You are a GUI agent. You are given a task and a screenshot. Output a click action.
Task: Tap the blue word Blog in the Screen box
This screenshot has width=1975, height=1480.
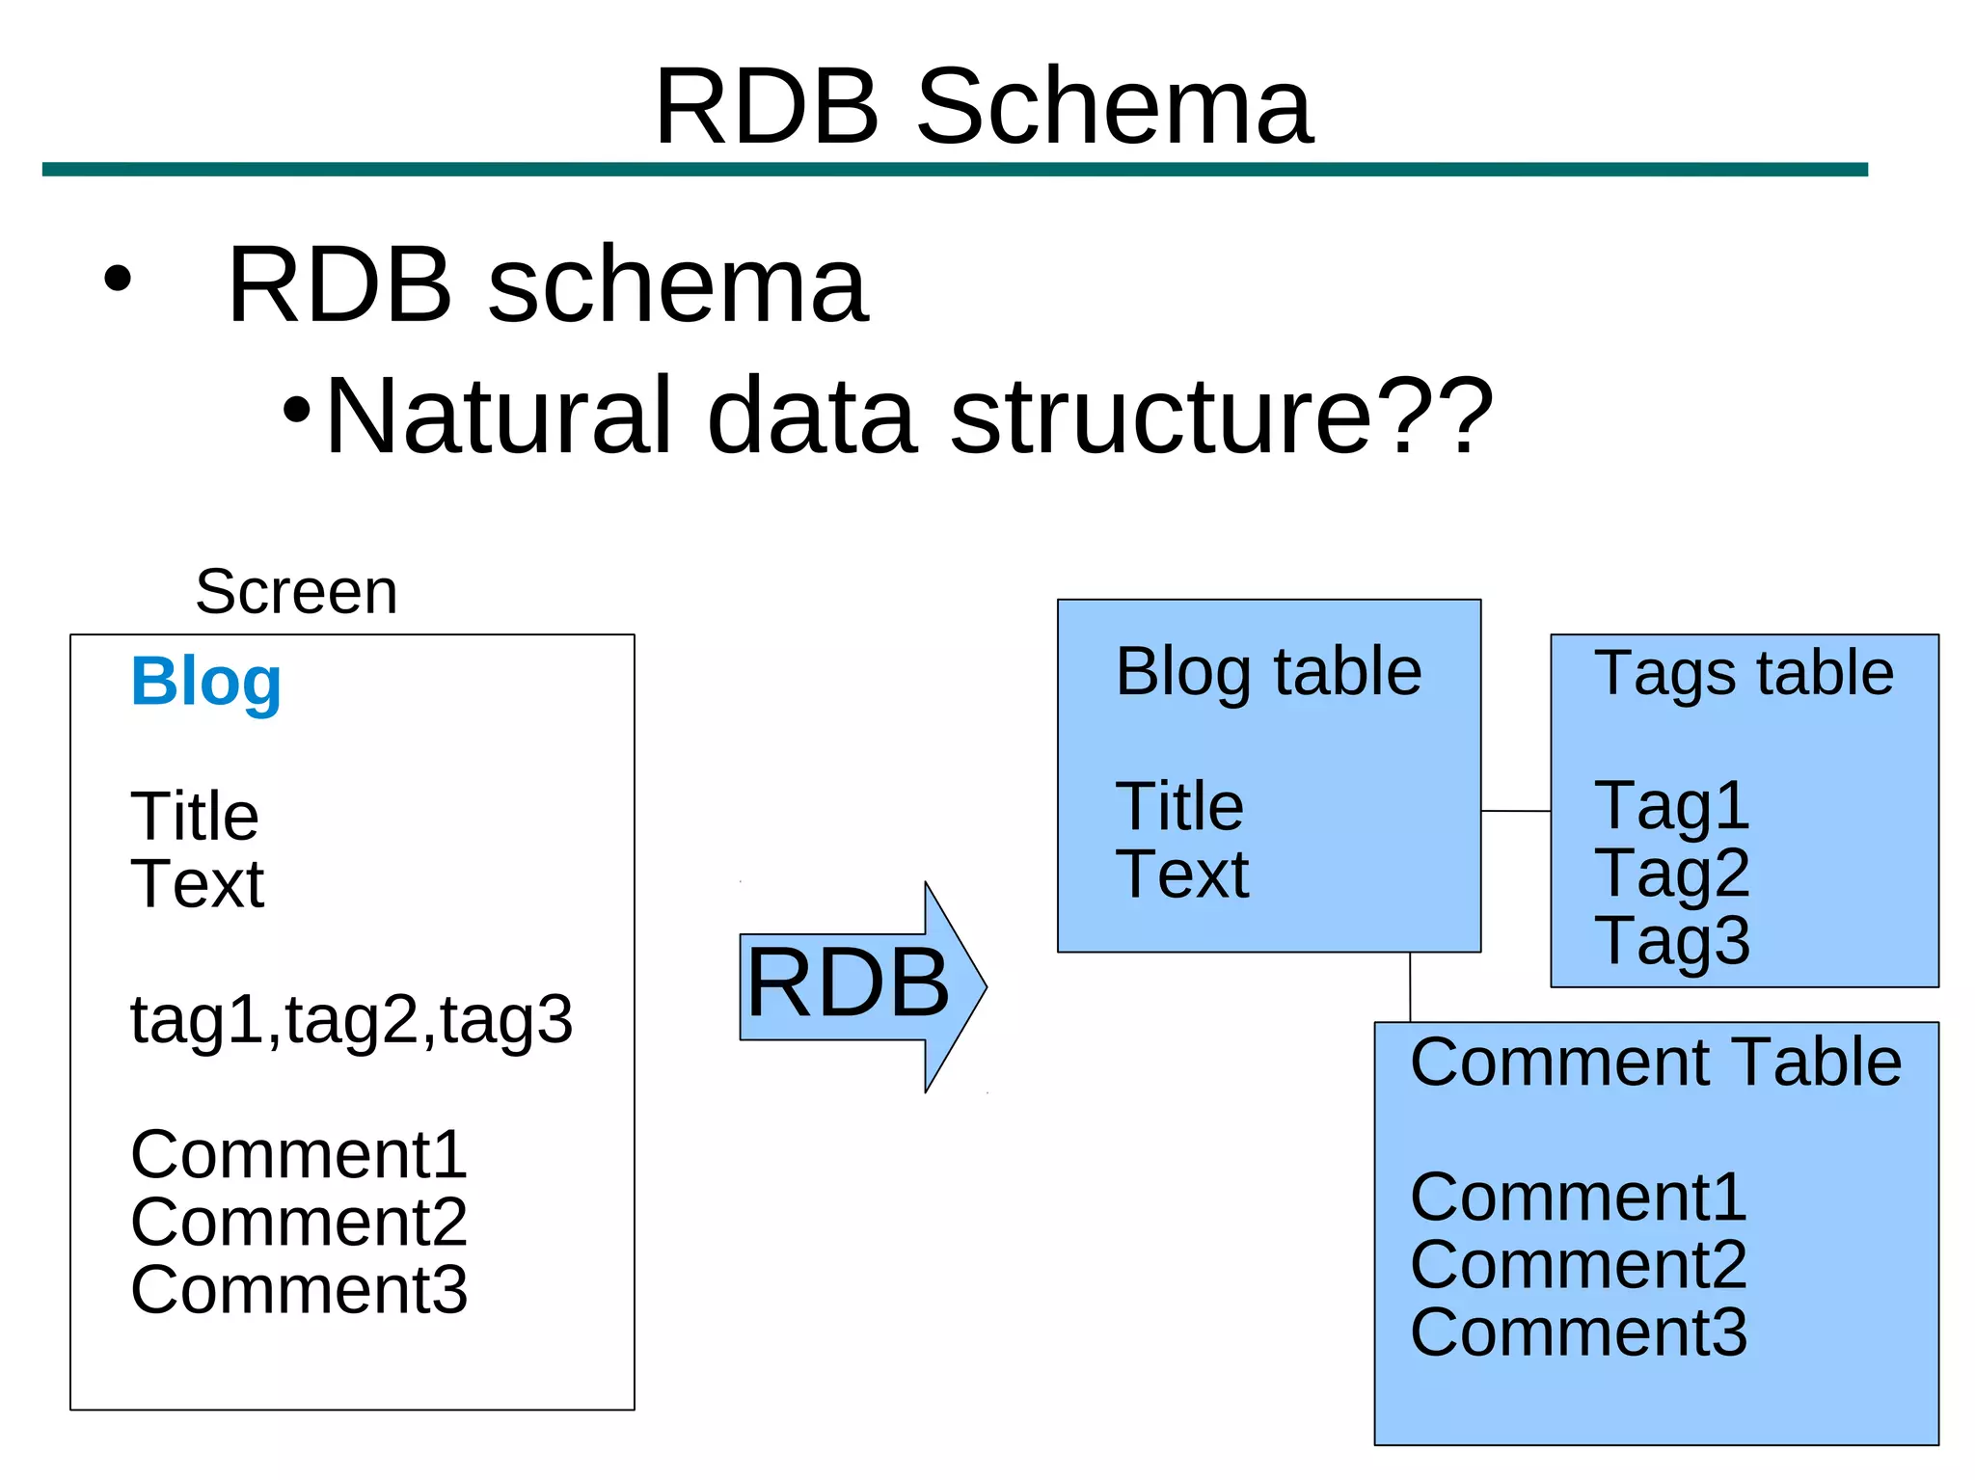pos(205,682)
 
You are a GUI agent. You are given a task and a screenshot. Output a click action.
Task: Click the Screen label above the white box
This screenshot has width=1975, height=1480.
pos(296,591)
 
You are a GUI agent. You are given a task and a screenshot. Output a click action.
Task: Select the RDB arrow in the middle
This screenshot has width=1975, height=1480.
pos(858,985)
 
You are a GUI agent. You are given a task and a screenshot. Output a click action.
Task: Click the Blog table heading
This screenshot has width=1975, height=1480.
pos(1268,672)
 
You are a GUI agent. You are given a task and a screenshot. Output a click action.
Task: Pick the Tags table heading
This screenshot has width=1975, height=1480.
pos(1744,673)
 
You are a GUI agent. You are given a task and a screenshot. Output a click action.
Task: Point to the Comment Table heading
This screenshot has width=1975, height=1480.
pos(1656,1063)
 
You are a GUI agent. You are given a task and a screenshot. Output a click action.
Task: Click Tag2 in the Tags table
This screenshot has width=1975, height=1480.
pos(1671,874)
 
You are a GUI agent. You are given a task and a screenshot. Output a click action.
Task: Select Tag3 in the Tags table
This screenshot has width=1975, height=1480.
pos(1671,941)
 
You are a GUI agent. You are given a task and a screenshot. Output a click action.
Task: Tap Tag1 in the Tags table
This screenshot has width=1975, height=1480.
pos(1671,806)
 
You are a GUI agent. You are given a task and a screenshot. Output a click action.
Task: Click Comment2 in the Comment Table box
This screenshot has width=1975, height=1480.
pos(1578,1265)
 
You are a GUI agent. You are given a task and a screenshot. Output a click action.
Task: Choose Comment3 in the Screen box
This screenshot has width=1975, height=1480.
pos(299,1290)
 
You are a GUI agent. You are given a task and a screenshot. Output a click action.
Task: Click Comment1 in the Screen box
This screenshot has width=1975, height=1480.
pos(299,1155)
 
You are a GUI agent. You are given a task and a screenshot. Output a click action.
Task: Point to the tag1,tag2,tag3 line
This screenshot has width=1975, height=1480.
pos(351,1020)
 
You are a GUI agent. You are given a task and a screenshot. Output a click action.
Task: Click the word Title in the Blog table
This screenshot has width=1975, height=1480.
pos(1179,806)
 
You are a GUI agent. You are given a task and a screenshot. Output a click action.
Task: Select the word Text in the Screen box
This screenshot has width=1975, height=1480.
pos(197,884)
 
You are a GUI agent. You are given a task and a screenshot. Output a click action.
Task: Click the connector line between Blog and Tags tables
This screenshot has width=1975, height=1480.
pos(1515,811)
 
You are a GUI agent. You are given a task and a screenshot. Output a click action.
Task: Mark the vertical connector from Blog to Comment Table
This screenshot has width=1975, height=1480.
pos(1410,987)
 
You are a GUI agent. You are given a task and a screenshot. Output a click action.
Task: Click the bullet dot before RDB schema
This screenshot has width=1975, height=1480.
pos(117,280)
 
